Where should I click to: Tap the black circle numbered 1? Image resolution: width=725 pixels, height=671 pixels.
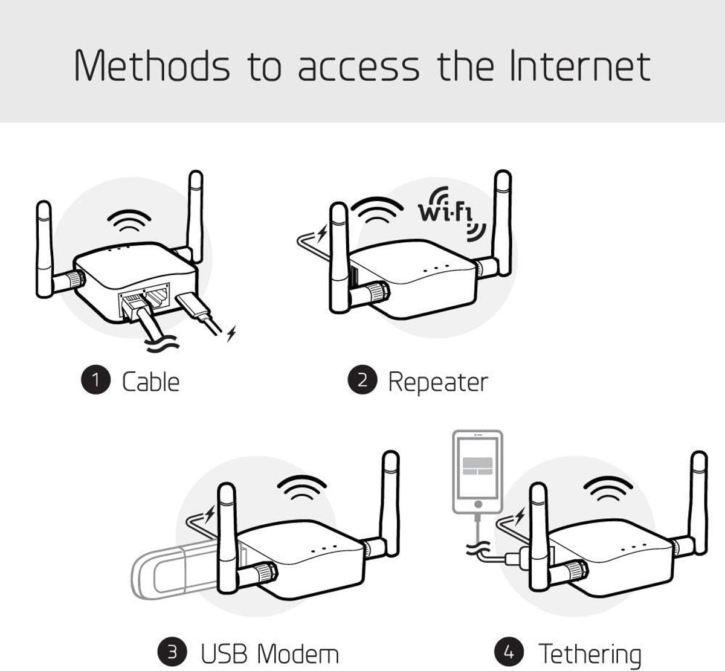tap(95, 381)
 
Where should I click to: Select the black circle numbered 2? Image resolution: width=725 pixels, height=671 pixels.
tap(362, 381)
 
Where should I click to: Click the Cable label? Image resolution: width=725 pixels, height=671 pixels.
tap(150, 382)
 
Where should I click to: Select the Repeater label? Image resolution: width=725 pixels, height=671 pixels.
tap(437, 382)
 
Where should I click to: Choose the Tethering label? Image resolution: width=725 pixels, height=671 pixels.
tap(590, 653)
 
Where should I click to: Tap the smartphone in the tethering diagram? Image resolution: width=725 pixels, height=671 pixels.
tap(477, 471)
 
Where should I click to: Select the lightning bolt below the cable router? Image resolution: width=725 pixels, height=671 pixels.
tap(231, 334)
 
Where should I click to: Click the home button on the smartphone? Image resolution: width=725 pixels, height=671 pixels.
tap(478, 503)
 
